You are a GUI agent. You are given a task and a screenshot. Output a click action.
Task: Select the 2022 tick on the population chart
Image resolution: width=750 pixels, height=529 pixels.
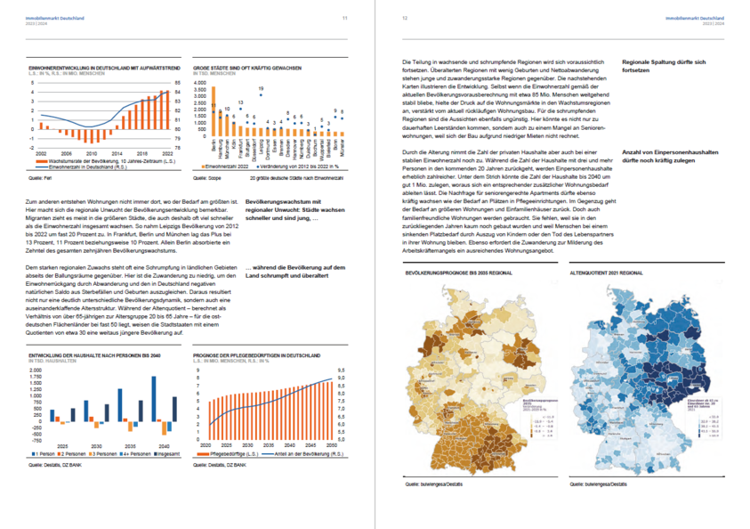click(x=169, y=152)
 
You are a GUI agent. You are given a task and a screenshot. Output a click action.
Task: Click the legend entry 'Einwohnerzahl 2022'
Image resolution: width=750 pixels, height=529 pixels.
click(x=230, y=166)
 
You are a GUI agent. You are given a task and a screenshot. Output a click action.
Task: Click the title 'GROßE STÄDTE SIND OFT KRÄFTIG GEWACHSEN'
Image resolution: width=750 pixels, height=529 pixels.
click(x=246, y=68)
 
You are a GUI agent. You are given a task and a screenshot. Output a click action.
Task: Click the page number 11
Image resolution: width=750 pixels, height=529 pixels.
click(x=344, y=18)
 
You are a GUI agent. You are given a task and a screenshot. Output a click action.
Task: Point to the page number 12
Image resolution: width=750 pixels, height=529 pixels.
click(x=405, y=18)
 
